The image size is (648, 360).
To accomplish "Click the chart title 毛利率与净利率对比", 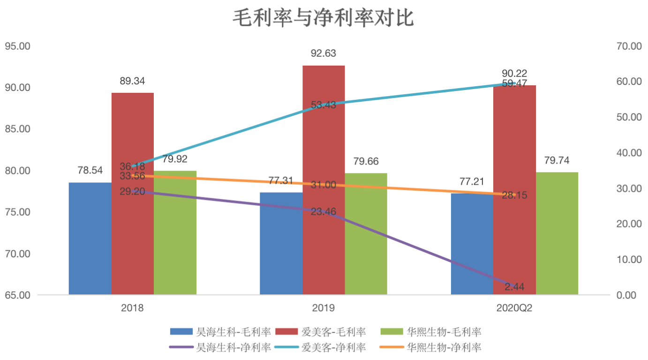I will tap(324, 19).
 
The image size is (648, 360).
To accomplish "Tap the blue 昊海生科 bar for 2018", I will tap(90, 239).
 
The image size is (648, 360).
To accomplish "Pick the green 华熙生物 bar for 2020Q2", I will tap(557, 234).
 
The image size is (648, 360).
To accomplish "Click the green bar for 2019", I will tap(366, 234).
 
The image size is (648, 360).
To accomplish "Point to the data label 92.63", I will tap(324, 53).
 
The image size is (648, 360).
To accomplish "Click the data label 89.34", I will tap(132, 81).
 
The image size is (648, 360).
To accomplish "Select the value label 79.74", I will tap(557, 161).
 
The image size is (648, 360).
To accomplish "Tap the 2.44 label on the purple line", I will tap(514, 286).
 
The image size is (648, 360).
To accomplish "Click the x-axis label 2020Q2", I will tap(514, 308).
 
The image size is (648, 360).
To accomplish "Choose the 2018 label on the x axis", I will tap(132, 308).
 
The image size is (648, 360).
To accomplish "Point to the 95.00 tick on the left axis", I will tap(17, 46).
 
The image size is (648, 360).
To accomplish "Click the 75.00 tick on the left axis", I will tap(17, 212).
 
